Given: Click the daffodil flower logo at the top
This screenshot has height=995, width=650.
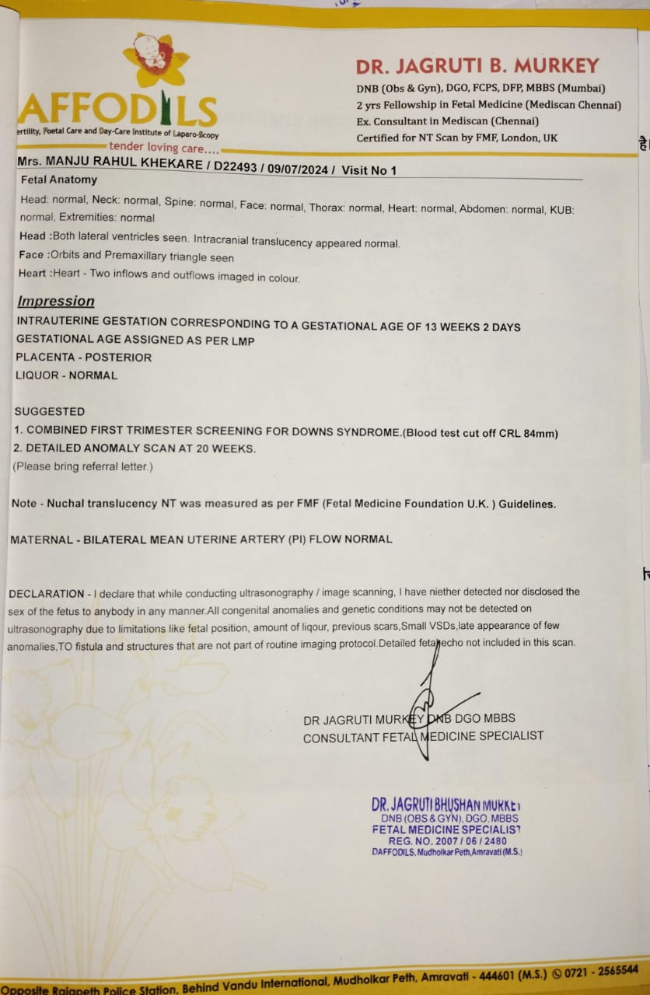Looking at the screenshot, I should [156, 61].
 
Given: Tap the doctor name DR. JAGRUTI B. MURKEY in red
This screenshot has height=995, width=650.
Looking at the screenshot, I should [477, 65].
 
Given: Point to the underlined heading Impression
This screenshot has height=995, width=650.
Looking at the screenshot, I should [56, 302].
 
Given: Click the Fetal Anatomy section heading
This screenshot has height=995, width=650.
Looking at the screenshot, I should [58, 180].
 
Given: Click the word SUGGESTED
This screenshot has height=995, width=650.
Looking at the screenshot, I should [50, 411].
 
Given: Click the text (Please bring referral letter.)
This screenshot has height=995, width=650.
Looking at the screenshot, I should [82, 466].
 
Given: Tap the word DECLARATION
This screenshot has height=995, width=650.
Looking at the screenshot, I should [47, 592].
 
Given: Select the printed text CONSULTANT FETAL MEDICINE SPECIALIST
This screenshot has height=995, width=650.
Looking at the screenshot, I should [423, 736].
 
